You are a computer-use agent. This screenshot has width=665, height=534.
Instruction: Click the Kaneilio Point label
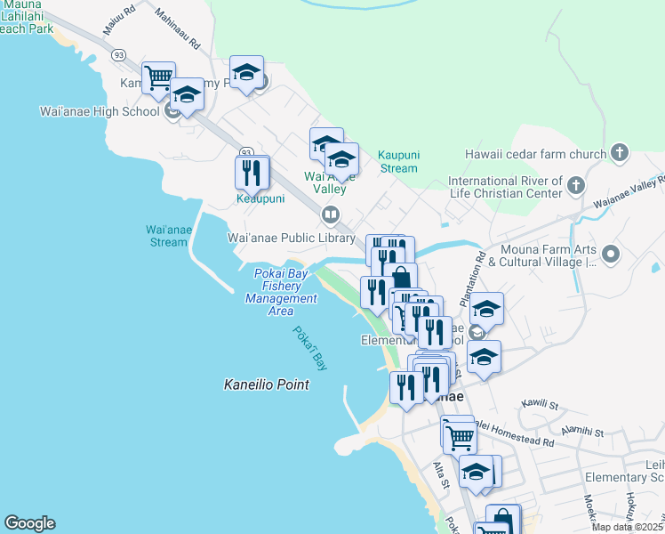pyautogui.click(x=266, y=384)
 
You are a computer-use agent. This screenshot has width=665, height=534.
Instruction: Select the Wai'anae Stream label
pyautogui.click(x=167, y=236)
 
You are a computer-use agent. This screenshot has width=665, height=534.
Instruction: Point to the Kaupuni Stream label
pyautogui.click(x=397, y=162)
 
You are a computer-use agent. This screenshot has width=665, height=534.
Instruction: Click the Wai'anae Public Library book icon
pyautogui.click(x=331, y=214)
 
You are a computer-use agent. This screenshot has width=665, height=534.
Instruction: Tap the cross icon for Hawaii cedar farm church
pyautogui.click(x=621, y=154)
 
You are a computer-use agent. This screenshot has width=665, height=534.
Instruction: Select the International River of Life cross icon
pyautogui.click(x=576, y=185)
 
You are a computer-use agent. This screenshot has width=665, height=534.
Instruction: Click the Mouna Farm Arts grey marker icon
pyautogui.click(x=610, y=255)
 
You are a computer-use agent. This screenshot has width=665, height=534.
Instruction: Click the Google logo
pyautogui.click(x=29, y=523)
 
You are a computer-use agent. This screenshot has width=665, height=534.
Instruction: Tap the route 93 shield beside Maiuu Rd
pyautogui.click(x=119, y=54)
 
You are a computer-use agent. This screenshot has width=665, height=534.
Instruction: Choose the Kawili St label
pyautogui.click(x=535, y=406)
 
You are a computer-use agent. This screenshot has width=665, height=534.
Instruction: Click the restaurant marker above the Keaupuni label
pyautogui.click(x=252, y=171)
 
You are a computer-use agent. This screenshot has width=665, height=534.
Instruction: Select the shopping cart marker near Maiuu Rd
pyautogui.click(x=158, y=77)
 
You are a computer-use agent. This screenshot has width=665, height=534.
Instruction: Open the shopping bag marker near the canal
pyautogui.click(x=401, y=277)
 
